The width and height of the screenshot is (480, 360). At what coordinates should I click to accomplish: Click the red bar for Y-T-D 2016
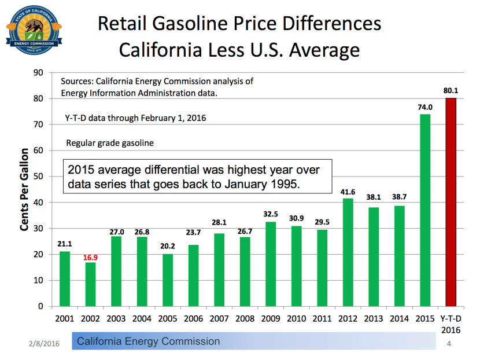point(451,202)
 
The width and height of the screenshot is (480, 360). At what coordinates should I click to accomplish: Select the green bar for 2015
point(425,210)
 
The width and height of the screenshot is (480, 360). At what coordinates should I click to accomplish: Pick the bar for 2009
point(271,264)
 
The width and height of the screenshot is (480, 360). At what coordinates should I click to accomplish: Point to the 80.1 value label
point(451,91)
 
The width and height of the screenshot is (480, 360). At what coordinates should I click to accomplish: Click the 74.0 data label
point(425,107)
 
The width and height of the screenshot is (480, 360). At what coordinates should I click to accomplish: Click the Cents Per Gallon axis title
point(24,189)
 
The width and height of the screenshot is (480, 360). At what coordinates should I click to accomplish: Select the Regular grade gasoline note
point(110,143)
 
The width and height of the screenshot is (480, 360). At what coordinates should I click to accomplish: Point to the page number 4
point(449,344)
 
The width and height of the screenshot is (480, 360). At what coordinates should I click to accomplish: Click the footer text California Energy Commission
point(149,341)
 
